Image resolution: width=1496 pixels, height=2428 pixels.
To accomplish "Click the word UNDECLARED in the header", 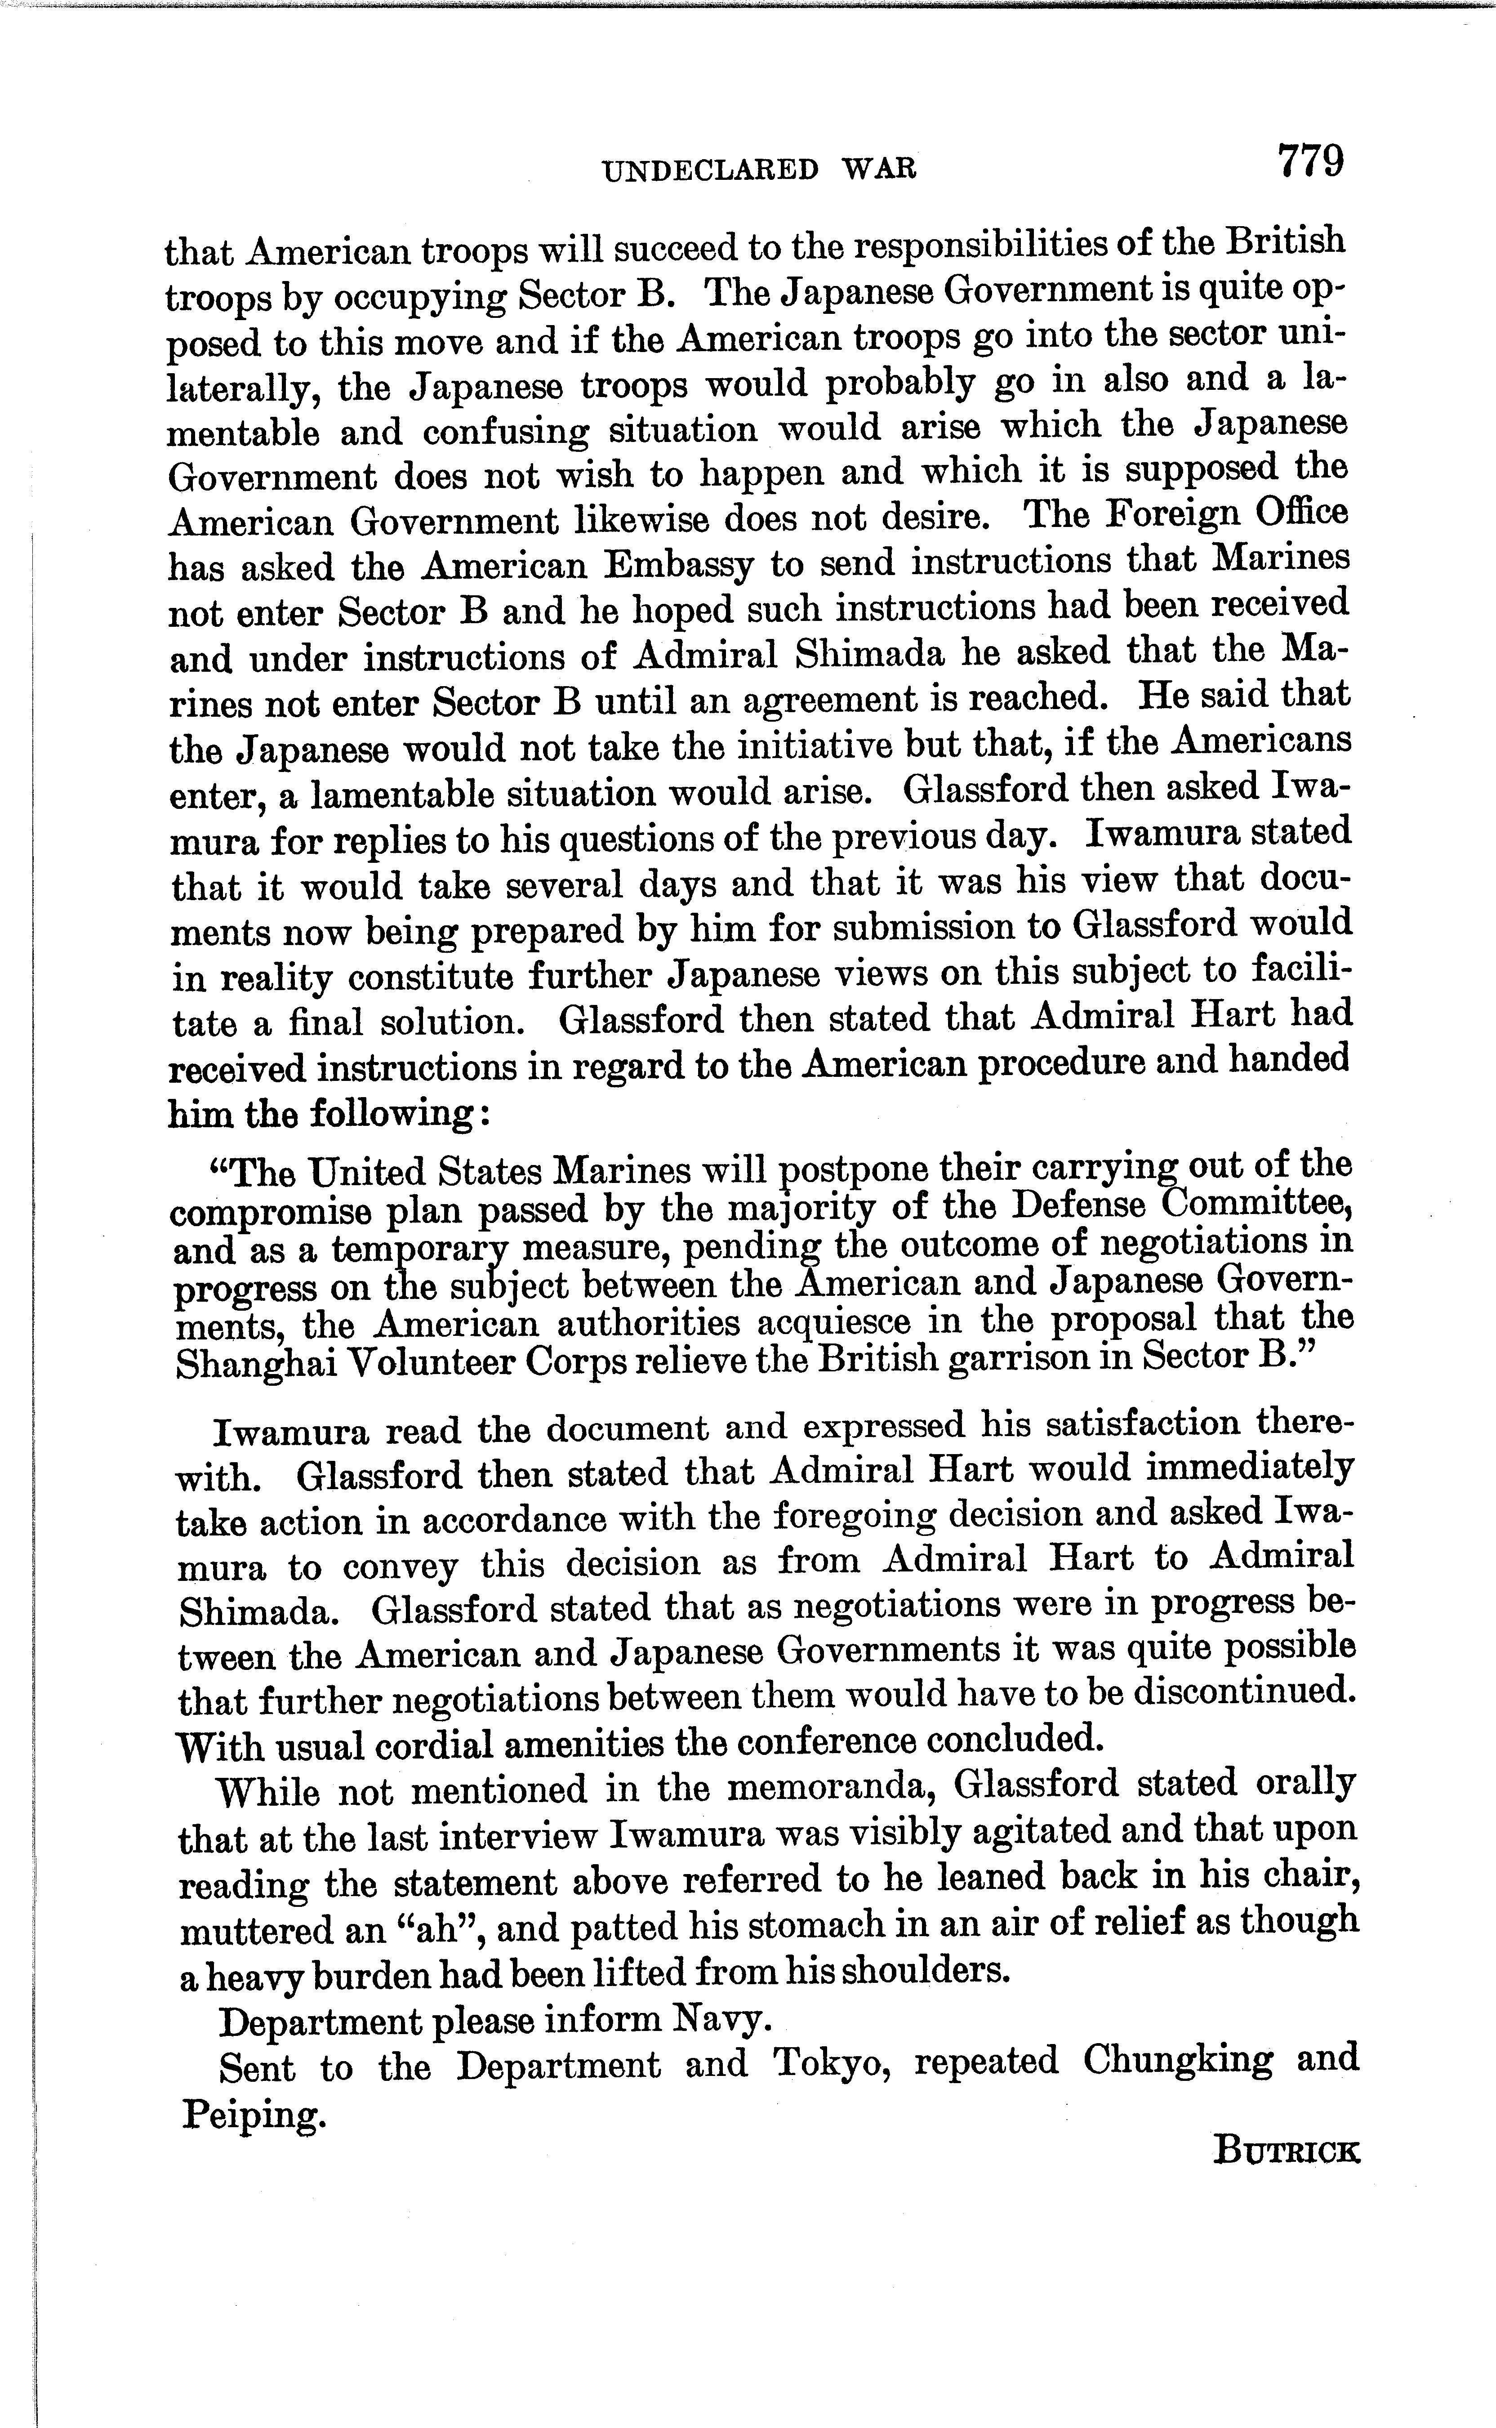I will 710,170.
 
